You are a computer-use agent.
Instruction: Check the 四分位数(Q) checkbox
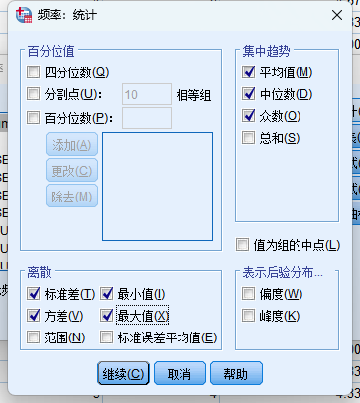34,71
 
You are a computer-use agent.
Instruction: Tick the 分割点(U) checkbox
34,94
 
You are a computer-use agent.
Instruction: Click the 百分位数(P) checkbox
34,119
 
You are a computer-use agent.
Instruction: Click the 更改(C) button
71,170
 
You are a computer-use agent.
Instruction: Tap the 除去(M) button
71,195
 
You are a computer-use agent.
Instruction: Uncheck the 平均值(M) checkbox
249,71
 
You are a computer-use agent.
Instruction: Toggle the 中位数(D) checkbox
249,94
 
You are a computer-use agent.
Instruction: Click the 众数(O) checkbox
249,116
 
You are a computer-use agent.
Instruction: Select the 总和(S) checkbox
249,139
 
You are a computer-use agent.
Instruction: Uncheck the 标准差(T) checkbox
34,294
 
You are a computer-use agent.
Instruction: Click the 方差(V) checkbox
34,316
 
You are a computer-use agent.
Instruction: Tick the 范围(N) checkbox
34,337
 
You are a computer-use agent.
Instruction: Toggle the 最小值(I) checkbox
107,294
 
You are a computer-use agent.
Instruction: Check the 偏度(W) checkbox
249,294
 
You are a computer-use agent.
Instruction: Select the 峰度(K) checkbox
249,316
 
